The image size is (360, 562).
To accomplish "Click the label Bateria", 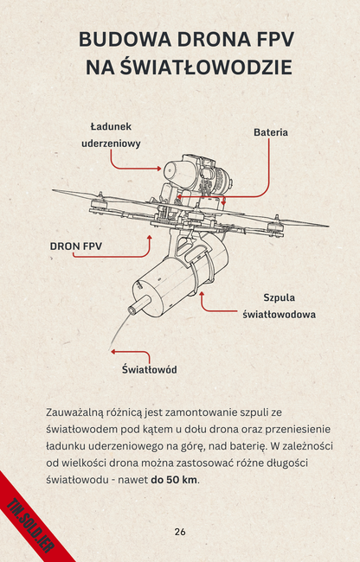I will click(270, 132).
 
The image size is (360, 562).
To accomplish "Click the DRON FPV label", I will click(76, 246).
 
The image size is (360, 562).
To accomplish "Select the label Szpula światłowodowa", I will click(279, 305).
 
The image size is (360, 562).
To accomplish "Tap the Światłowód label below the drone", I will click(149, 370).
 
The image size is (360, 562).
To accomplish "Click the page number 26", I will click(180, 531).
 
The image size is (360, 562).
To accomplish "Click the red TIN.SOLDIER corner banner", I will click(30, 519).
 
